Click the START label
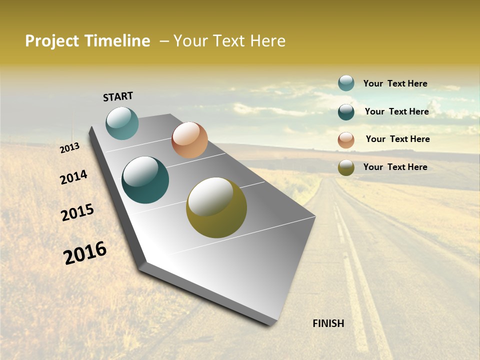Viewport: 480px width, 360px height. click(118, 96)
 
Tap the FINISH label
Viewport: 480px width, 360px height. click(328, 323)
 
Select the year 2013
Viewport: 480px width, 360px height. click(69, 148)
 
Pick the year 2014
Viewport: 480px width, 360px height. click(73, 177)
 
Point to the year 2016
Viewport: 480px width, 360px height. click(85, 253)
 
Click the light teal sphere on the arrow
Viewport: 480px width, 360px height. click(122, 123)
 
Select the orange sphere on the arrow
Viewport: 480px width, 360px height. click(189, 140)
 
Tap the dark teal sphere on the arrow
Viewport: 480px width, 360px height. click(145, 180)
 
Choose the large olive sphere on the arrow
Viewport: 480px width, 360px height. click(216, 207)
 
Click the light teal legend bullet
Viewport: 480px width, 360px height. click(346, 83)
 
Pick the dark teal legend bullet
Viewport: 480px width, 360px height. click(346, 111)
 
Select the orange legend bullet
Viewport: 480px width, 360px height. click(346, 139)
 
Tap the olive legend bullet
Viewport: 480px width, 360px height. click(346, 167)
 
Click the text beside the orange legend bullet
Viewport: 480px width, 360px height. click(397, 139)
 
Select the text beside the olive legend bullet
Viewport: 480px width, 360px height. click(395, 167)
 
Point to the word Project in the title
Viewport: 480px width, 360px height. click(52, 41)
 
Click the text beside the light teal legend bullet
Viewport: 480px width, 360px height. click(395, 83)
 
